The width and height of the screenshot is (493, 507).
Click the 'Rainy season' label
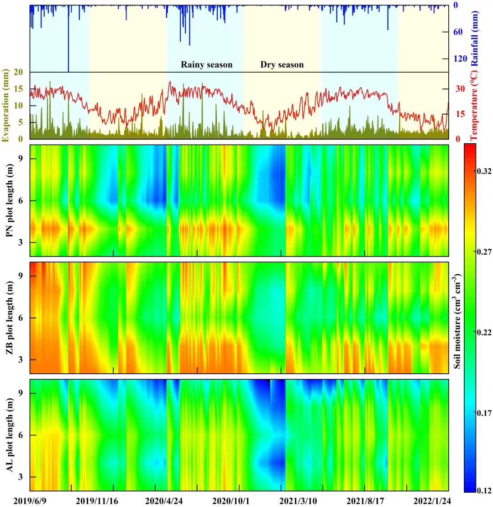[x=206, y=64]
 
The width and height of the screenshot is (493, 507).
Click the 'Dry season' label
[x=282, y=64]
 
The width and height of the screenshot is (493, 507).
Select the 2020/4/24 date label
[x=164, y=501]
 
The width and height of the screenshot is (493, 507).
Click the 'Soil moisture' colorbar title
[x=457, y=321]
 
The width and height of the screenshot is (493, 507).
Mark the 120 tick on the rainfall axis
[x=459, y=59]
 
